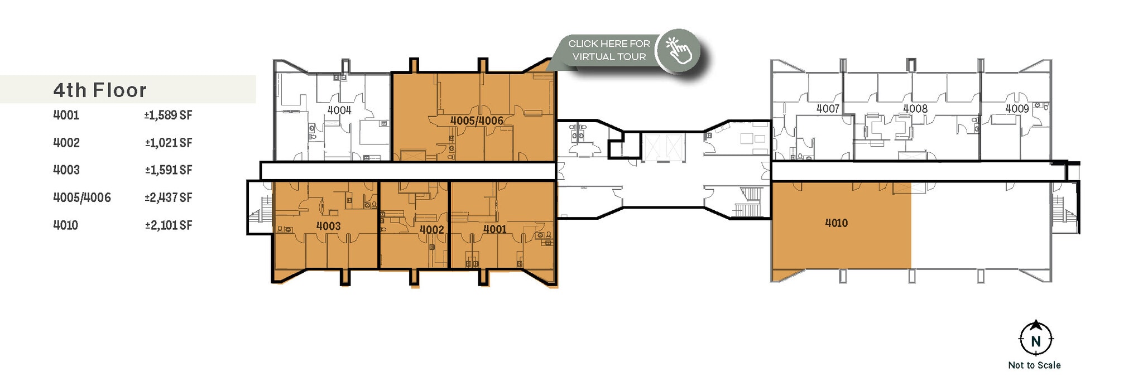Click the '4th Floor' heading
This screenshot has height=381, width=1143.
click(100, 90)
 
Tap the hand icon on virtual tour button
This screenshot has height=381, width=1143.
click(678, 51)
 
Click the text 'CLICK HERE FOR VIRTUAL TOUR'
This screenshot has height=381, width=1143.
click(609, 50)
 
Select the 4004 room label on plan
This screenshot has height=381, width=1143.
click(339, 110)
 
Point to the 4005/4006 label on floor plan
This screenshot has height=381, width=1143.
click(477, 120)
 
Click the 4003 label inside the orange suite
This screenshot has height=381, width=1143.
click(328, 226)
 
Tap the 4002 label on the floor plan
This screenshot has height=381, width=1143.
click(431, 229)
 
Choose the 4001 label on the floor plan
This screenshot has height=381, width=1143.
click(494, 229)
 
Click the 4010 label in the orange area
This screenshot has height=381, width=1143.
click(836, 223)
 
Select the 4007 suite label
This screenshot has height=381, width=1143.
click(828, 108)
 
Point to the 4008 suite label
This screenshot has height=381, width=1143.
click(915, 108)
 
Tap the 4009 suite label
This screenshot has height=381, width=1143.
click(1017, 108)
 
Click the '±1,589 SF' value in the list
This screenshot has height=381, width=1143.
click(168, 115)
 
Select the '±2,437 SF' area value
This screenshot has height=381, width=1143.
click(168, 197)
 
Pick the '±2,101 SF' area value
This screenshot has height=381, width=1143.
click(168, 225)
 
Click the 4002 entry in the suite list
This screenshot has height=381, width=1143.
click(66, 143)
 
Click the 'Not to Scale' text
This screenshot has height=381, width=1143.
click(1034, 365)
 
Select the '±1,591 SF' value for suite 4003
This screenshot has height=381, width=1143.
click(168, 170)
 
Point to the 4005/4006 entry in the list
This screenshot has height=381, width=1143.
click(82, 197)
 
